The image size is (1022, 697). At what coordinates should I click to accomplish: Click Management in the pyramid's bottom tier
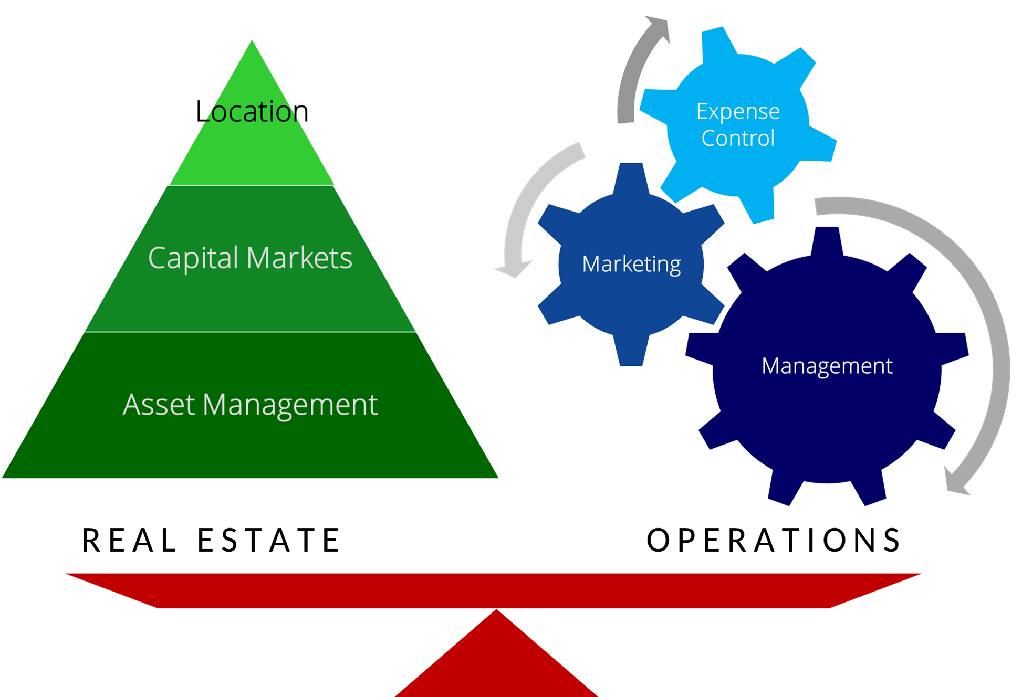290,405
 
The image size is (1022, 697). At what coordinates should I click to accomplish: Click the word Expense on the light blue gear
738,111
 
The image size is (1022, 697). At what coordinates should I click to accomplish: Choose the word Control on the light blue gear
738,139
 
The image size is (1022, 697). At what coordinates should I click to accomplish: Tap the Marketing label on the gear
631,264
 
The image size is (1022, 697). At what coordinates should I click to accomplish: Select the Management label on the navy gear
827,366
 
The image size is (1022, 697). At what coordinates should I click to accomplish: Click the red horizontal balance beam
494,590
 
